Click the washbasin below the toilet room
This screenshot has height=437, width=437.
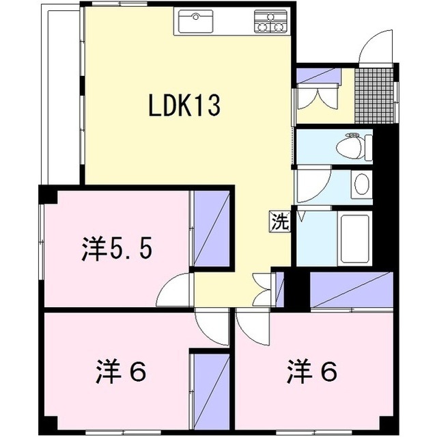click(361, 184)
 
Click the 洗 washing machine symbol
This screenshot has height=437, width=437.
click(279, 221)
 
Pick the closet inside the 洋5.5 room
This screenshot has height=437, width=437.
click(211, 226)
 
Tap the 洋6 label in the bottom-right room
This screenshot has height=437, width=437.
click(311, 373)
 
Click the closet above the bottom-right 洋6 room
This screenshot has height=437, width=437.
click(352, 290)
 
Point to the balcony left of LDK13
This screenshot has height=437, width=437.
click(63, 96)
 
